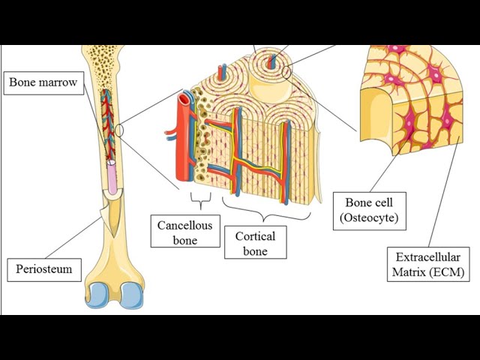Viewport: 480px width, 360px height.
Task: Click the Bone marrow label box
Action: [x=43, y=82]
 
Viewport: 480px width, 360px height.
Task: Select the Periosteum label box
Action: [x=44, y=268]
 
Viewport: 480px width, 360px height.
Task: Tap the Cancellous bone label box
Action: [x=185, y=232]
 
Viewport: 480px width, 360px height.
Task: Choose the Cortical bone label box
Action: [x=255, y=243]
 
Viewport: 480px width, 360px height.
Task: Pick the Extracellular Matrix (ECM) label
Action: [x=427, y=263]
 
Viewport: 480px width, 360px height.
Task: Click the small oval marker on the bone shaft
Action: [x=120, y=130]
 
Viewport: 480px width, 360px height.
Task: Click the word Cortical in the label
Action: [x=255, y=235]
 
